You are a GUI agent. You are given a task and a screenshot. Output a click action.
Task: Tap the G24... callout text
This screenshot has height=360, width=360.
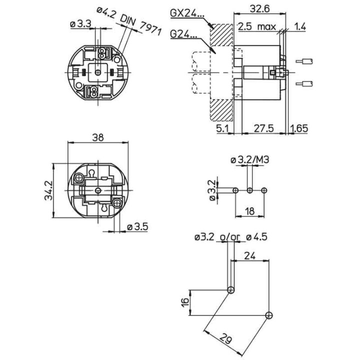[184, 34]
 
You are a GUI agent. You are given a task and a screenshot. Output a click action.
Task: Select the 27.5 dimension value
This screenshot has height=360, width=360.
[263, 128]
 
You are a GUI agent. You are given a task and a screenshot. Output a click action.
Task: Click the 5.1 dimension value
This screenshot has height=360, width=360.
[222, 128]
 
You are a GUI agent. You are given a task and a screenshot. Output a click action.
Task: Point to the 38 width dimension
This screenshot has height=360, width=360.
[98, 138]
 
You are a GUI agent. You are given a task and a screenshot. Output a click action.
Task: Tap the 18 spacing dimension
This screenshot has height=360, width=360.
[249, 211]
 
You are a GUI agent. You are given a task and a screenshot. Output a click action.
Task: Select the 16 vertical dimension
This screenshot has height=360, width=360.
[185, 302]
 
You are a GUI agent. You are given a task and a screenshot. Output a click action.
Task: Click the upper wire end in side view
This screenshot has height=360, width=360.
[306, 61]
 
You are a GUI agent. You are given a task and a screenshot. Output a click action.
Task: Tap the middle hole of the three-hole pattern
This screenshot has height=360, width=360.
[249, 190]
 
